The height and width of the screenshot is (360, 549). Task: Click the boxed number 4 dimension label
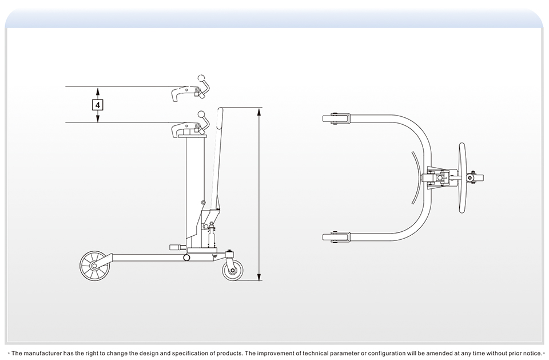[98, 105]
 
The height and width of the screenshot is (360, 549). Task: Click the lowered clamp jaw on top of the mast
[186, 129]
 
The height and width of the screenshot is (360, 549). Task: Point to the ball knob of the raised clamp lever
[201, 78]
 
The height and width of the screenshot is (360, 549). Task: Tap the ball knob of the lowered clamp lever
[201, 114]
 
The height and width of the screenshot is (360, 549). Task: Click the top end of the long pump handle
[221, 109]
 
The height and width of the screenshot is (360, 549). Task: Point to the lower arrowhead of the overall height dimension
[260, 278]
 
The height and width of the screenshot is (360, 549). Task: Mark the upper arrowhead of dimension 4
[98, 90]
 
